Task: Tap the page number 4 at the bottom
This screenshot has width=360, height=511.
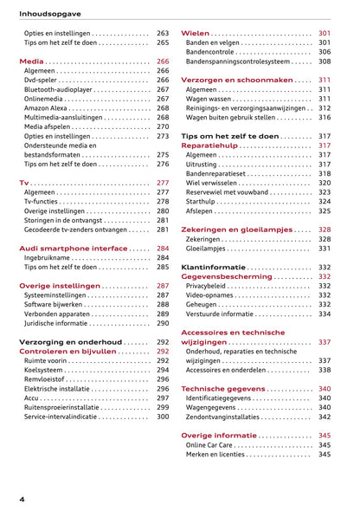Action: [x=22, y=499]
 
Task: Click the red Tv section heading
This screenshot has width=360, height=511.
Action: [x=24, y=184]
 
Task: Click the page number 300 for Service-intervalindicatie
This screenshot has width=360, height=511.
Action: [x=163, y=417]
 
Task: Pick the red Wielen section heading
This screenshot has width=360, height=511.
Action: [x=195, y=33]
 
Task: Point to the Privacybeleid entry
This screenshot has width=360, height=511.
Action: [x=210, y=286]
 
